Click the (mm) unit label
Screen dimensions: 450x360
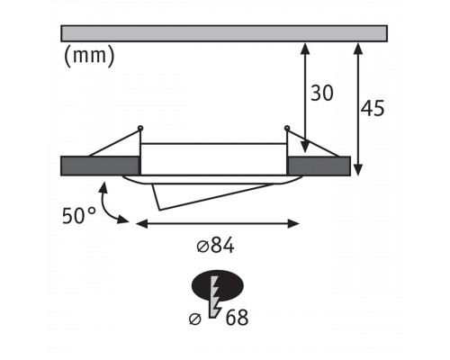point(89,56)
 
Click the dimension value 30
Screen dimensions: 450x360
point(322,93)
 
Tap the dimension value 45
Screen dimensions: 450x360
point(373,108)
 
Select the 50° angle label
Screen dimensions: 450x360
point(79,215)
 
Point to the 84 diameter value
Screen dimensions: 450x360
point(222,246)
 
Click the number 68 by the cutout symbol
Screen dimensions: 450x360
point(237,318)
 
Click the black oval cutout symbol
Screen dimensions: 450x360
point(218,285)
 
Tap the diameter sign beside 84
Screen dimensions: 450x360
point(202,247)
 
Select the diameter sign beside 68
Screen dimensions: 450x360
point(195,319)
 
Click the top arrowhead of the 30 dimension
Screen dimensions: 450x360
point(305,49)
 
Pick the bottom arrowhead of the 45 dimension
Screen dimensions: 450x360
point(358,169)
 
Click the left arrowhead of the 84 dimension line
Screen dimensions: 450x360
point(142,223)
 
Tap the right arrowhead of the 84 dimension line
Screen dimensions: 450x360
point(293,223)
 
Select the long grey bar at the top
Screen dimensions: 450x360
point(224,33)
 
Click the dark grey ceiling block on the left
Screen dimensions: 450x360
point(100,166)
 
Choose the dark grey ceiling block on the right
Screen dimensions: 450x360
point(319,166)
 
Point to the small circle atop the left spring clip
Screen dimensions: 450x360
point(140,128)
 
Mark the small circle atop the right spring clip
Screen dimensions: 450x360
point(287,128)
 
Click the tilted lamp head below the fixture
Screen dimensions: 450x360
point(210,194)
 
